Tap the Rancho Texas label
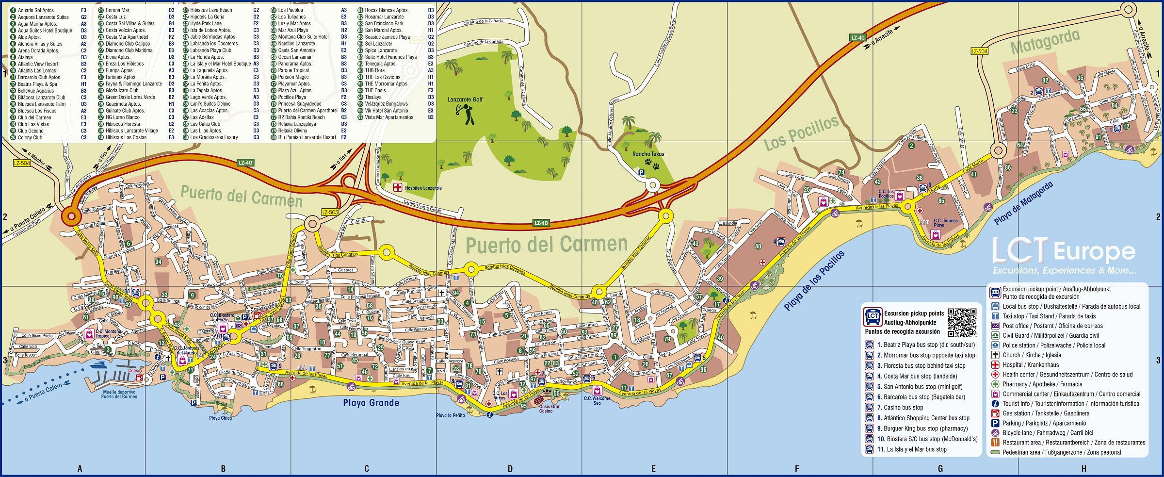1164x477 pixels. [x=648, y=154]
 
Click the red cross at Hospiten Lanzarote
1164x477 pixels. [x=397, y=187]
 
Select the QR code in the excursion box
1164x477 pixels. [x=962, y=322]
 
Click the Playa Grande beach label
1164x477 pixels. [x=371, y=403]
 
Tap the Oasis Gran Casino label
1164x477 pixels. [x=550, y=409]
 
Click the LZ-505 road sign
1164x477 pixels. [x=330, y=212]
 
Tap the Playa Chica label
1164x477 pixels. [x=220, y=418]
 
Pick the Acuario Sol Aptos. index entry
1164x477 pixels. [x=36, y=10]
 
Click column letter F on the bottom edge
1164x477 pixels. [x=796, y=469]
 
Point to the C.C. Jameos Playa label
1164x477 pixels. [x=945, y=223]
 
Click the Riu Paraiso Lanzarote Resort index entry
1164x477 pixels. [x=307, y=137]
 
